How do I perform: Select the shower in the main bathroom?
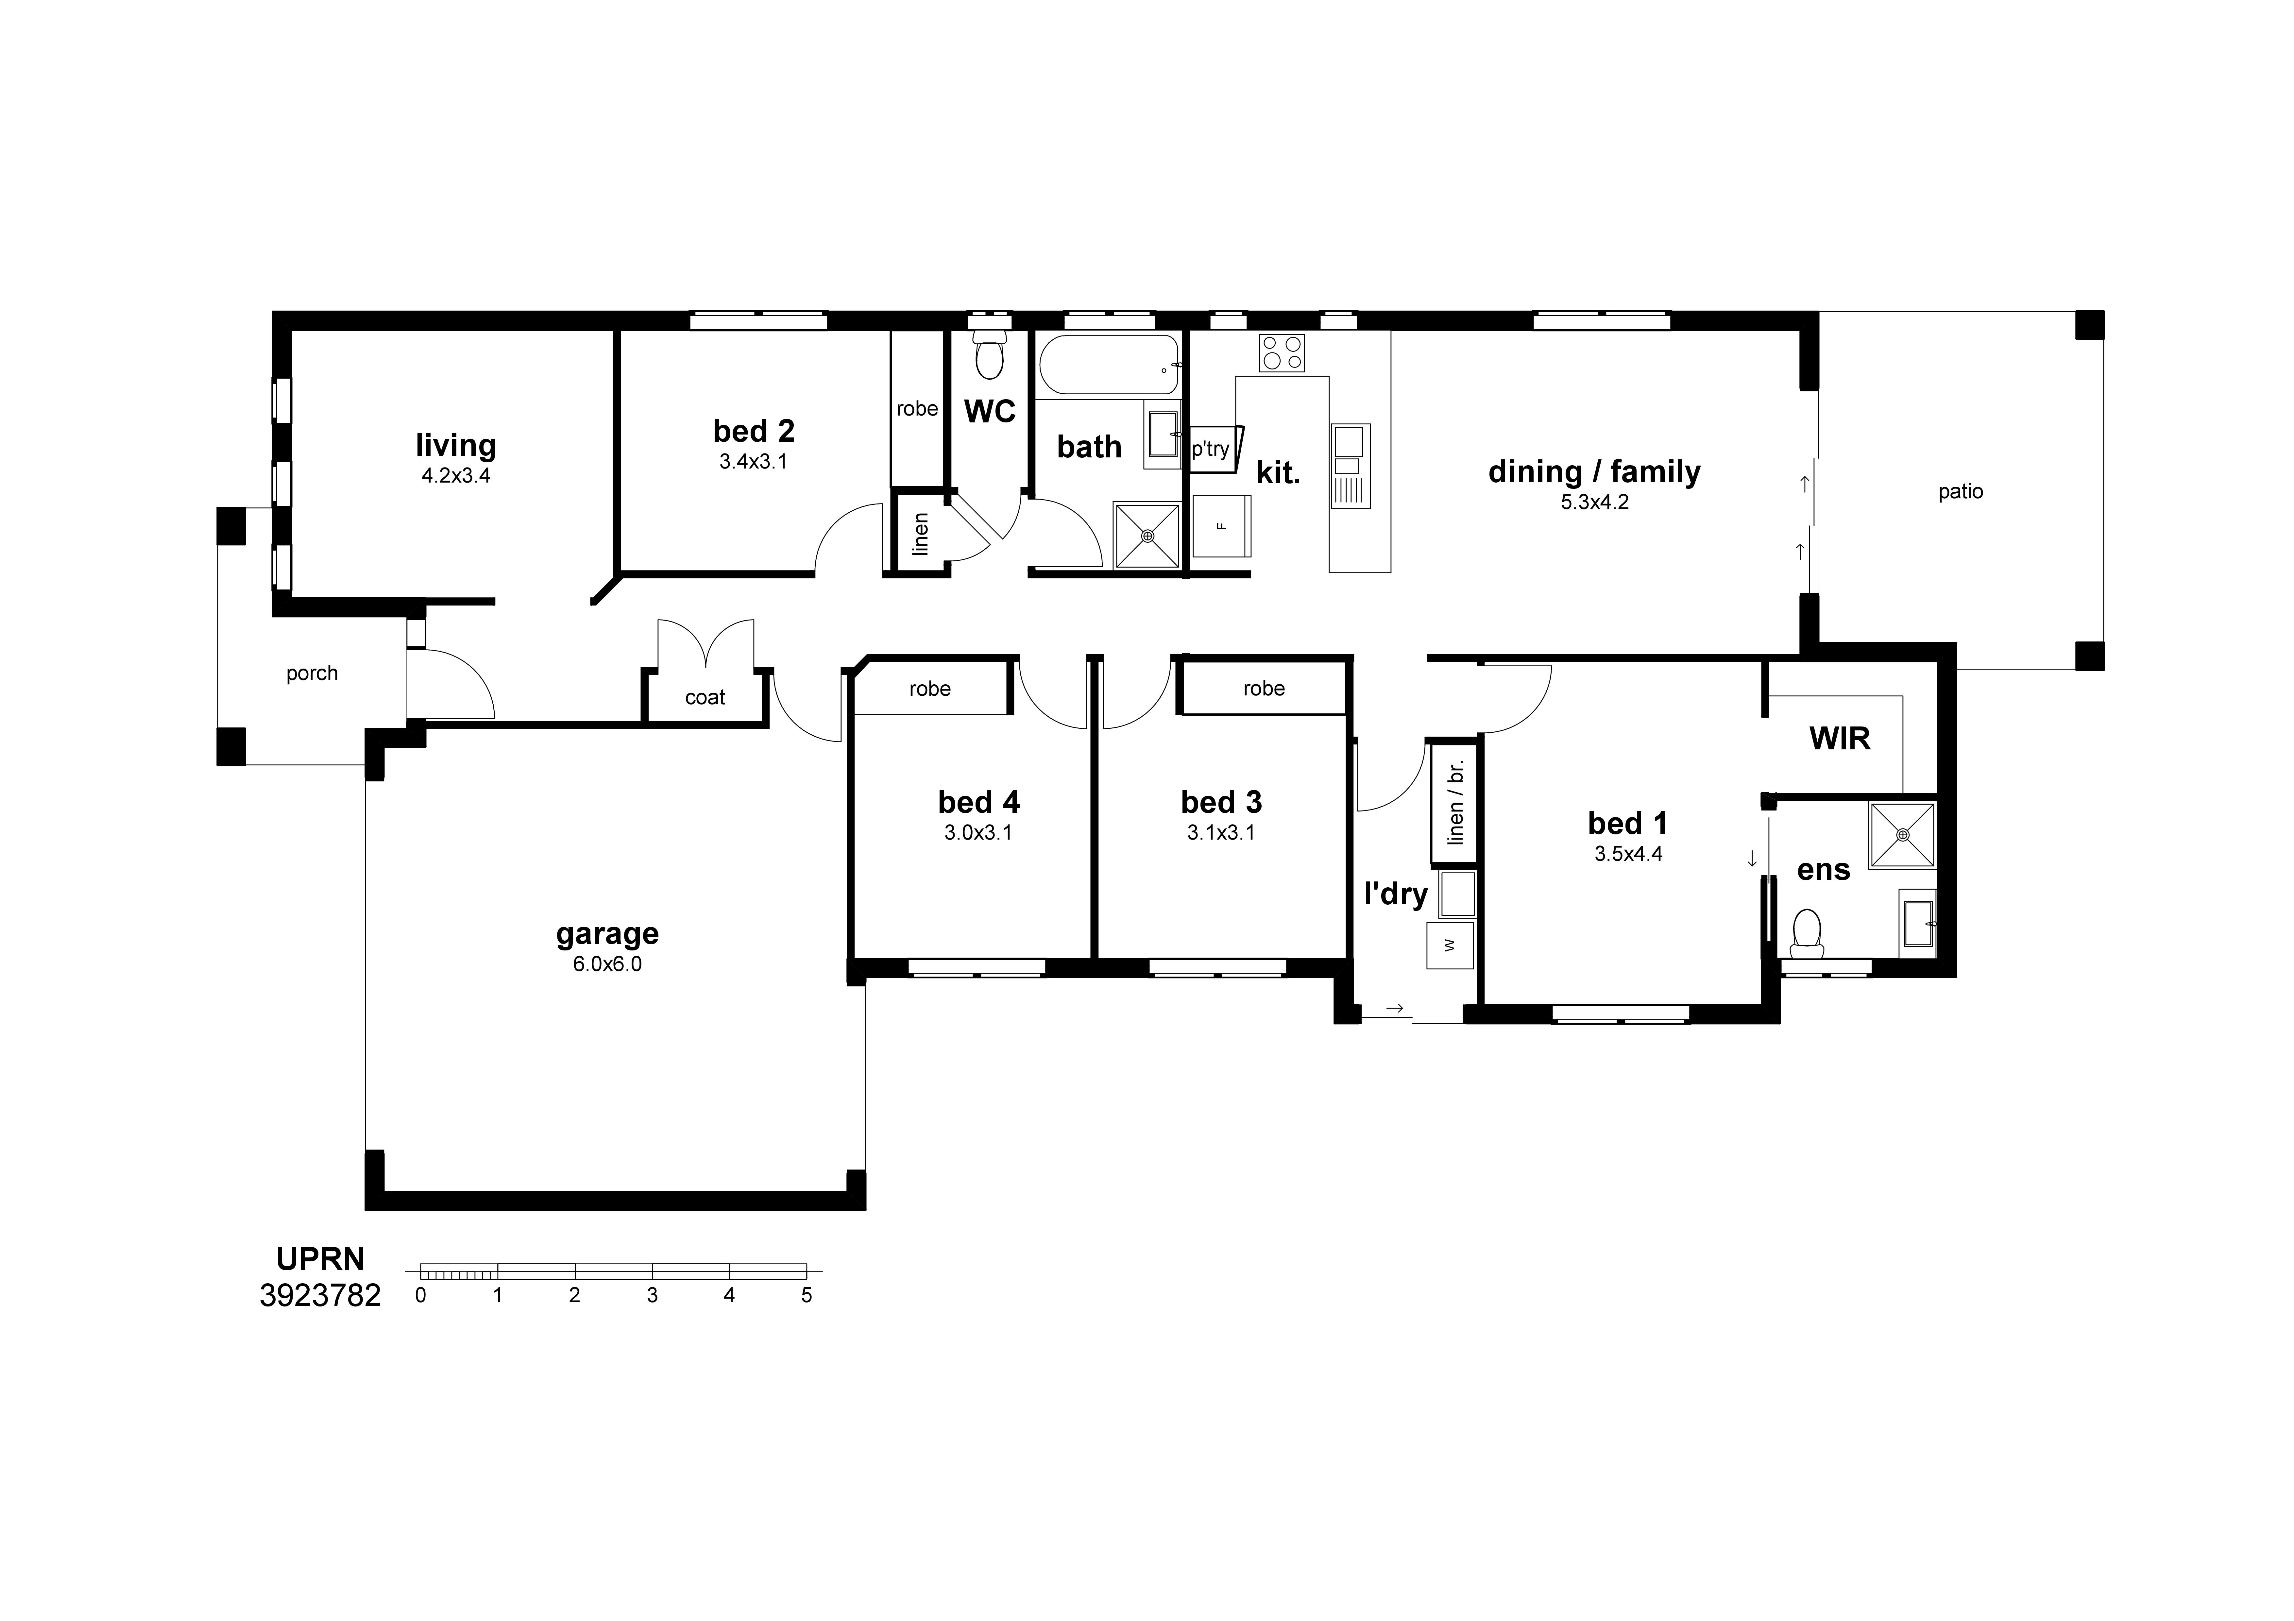tap(1147, 536)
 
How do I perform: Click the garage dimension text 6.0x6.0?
tap(607, 964)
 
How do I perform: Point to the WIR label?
tap(1839, 739)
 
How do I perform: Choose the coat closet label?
tap(705, 698)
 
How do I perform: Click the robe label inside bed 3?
tap(1264, 689)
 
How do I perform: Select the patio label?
tap(1960, 492)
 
